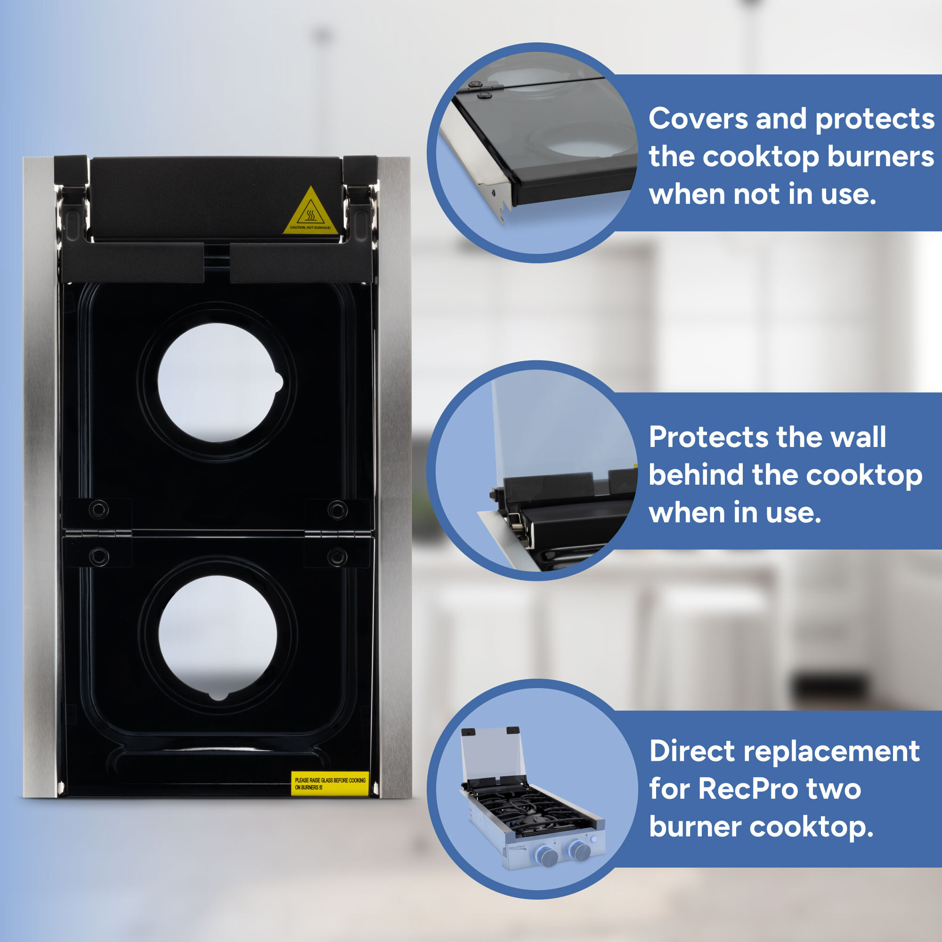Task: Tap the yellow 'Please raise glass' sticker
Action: (330, 783)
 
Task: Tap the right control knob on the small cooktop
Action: (581, 851)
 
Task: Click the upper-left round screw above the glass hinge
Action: (98, 510)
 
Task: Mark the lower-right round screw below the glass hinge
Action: (337, 556)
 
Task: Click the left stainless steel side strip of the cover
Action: (39, 478)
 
